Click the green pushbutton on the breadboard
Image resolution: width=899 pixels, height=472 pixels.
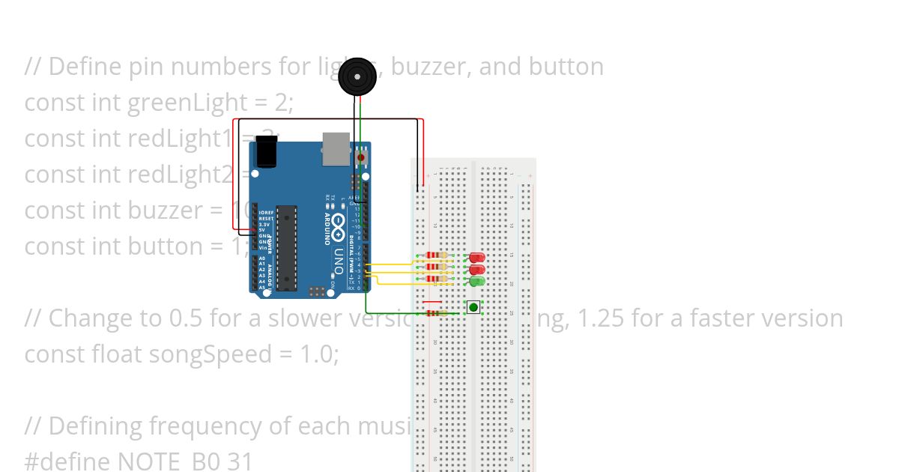pos(473,307)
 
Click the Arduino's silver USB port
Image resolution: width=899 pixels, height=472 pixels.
pos(336,148)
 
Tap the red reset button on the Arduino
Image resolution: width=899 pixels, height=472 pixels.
pos(362,158)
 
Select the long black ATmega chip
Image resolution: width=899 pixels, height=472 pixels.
pos(285,247)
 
